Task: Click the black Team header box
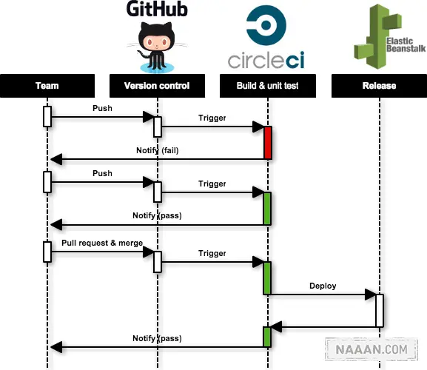47,86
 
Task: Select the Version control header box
157,86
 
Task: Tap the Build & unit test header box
268,86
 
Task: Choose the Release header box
379,86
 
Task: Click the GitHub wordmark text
157,9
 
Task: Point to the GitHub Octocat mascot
157,47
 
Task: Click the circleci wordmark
266,60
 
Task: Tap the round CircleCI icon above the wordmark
266,25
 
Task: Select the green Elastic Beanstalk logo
389,36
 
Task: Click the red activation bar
268,143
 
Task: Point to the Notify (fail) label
158,150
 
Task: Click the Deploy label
323,286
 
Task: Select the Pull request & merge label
102,243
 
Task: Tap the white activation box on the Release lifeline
380,310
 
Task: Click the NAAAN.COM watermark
371,349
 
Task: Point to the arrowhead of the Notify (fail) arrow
56,159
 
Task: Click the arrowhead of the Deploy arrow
371,295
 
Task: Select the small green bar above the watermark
267,337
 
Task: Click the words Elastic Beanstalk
406,45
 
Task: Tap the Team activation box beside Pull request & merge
47,252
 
